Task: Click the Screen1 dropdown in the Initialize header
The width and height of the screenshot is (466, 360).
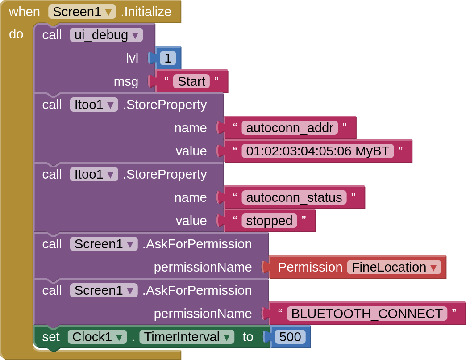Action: coord(82,12)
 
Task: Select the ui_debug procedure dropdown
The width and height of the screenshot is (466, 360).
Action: coord(106,35)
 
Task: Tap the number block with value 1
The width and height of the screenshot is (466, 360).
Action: coord(168,58)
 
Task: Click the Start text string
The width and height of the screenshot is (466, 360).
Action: coord(191,81)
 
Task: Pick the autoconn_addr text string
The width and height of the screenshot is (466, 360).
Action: coord(290,128)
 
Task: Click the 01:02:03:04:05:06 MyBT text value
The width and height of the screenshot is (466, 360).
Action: coord(318,151)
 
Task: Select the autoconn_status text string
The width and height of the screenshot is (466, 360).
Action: coord(294,197)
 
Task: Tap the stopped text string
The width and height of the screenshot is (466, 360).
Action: coord(269,221)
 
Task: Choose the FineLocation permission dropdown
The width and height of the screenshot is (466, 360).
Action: coord(394,267)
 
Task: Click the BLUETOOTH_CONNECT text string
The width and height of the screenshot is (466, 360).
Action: coord(367,314)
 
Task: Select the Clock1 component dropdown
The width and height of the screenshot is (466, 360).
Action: coord(97,337)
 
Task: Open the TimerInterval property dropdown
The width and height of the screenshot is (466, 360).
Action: coord(187,337)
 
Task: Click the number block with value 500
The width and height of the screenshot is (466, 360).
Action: coord(290,337)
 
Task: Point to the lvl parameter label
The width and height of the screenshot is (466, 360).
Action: coord(132,58)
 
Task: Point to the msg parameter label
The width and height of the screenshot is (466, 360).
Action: coord(126,82)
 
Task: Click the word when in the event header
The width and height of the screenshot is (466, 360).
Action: coord(25,12)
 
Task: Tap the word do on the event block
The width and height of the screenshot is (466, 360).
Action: coord(16,34)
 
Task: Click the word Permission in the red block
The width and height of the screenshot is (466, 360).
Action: coord(310,267)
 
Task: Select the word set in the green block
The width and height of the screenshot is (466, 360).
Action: coord(51,337)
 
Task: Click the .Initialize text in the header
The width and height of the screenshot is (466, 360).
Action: coord(146,12)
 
